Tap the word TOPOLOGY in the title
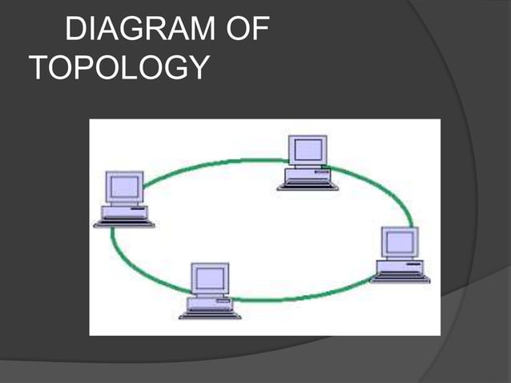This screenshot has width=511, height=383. pyautogui.click(x=119, y=68)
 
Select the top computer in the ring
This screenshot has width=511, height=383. pyautogui.click(x=308, y=163)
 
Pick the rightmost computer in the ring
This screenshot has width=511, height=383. pyautogui.click(x=400, y=254)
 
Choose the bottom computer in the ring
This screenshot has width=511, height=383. pyautogui.click(x=210, y=291)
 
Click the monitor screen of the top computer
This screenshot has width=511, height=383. pyautogui.click(x=308, y=149)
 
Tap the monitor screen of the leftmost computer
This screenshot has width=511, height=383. pyautogui.click(x=124, y=187)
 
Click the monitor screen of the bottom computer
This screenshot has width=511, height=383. pyautogui.click(x=210, y=278)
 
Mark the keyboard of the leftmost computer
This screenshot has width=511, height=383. pyautogui.click(x=124, y=224)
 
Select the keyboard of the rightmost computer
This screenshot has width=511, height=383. pyautogui.click(x=400, y=278)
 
